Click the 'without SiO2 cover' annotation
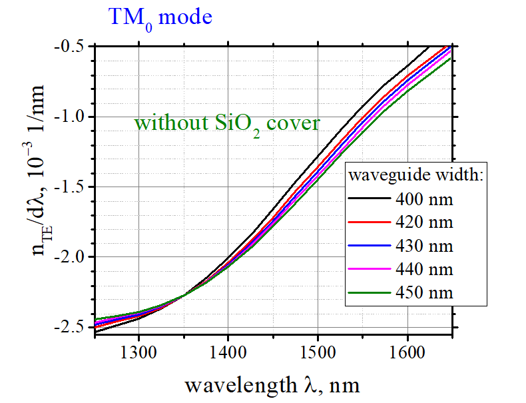pyautogui.click(x=227, y=123)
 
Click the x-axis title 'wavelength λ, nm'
pyautogui.click(x=273, y=385)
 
